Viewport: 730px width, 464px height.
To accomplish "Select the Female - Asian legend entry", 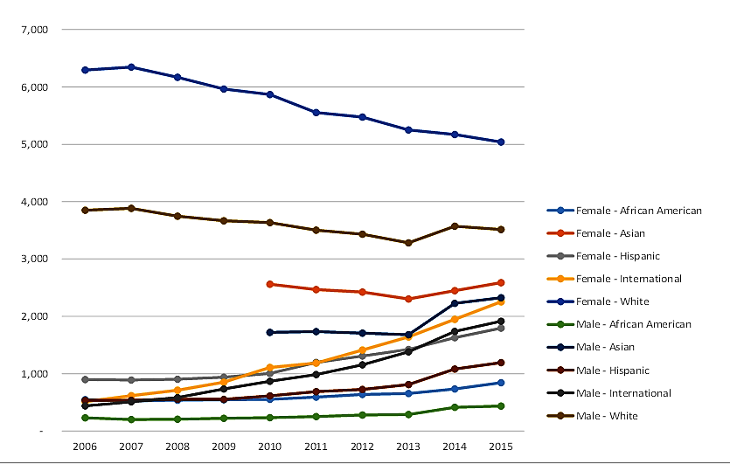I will click(612, 233).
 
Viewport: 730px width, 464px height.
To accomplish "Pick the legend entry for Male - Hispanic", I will click(615, 371).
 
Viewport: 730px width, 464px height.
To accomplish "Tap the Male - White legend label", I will click(608, 416).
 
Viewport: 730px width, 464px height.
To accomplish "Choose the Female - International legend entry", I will click(628, 279).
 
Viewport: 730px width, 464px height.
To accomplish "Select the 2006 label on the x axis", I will click(85, 446).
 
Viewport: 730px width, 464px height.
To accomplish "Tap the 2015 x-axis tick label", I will click(501, 446).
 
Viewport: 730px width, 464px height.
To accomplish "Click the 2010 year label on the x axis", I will click(270, 446).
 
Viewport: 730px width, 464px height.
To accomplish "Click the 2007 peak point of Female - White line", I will click(131, 66).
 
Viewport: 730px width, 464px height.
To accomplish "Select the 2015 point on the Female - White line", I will click(501, 142).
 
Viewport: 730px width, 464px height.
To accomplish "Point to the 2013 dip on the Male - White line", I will click(408, 243).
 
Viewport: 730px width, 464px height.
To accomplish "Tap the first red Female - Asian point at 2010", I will click(270, 284).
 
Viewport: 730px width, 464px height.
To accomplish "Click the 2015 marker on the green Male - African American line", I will click(501, 405).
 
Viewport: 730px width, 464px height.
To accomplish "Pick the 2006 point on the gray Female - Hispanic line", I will click(85, 379).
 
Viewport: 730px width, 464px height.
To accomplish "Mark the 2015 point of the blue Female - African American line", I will click(501, 383).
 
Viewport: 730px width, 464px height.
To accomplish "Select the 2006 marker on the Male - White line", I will click(85, 210).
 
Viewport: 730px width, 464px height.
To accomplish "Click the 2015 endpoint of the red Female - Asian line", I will click(501, 282).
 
